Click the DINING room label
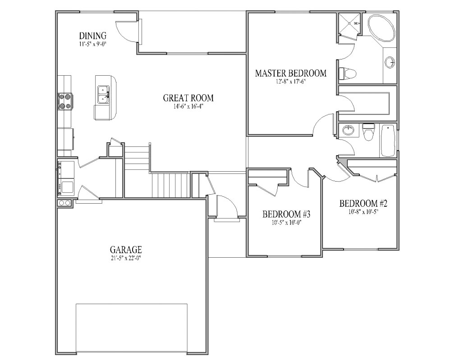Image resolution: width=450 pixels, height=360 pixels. point(92,36)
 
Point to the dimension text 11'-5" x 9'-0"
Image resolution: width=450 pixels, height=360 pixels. point(92,44)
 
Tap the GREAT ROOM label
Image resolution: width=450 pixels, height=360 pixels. point(188,98)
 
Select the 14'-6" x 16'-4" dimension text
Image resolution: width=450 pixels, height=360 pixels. point(188,107)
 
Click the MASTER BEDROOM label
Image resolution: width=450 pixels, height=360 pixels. point(290,73)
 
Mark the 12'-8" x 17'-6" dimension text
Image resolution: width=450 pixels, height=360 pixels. point(290,82)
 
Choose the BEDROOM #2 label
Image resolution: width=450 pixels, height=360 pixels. point(363,203)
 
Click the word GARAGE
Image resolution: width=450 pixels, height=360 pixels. point(126,249)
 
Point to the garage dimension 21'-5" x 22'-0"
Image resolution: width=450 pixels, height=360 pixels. point(126,258)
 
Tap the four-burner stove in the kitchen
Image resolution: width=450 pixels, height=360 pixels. point(65,101)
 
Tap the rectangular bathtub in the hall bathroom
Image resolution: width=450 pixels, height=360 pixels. point(388,140)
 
